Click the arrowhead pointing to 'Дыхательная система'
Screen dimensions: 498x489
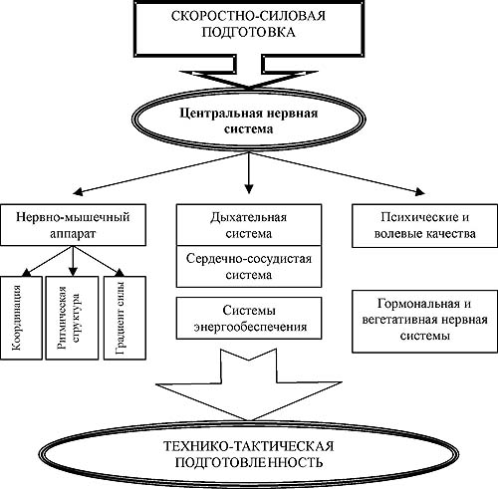point(249,189)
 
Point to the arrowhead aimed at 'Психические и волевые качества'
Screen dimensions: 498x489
point(420,191)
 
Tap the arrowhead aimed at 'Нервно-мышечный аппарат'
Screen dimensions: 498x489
point(78,192)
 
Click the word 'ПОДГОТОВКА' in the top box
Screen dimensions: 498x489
point(249,33)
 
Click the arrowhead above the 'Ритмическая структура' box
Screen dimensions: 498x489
point(73,272)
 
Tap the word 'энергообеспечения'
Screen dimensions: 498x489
point(250,327)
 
